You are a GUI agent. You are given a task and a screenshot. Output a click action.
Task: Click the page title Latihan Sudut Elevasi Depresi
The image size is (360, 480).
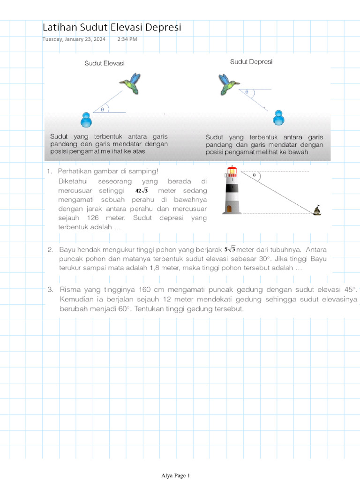112,28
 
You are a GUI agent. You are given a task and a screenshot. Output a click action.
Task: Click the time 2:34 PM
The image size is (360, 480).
127,39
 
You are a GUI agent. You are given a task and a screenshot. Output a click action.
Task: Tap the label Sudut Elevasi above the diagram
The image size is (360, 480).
105,63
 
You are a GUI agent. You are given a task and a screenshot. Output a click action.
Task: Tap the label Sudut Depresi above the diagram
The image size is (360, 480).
251,61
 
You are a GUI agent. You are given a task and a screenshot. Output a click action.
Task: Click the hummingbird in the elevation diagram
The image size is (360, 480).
131,83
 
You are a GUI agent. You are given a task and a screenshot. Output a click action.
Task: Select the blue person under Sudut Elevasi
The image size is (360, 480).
86,120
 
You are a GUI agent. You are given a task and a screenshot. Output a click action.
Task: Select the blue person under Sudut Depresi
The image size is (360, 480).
279,118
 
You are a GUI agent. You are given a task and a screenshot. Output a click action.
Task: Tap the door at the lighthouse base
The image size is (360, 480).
229,208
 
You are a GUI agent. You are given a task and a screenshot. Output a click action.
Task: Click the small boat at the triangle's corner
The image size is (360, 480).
317,210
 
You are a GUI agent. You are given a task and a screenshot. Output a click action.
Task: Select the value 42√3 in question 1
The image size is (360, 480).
142,191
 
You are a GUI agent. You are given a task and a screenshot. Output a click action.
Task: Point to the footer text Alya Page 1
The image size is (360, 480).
175,476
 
